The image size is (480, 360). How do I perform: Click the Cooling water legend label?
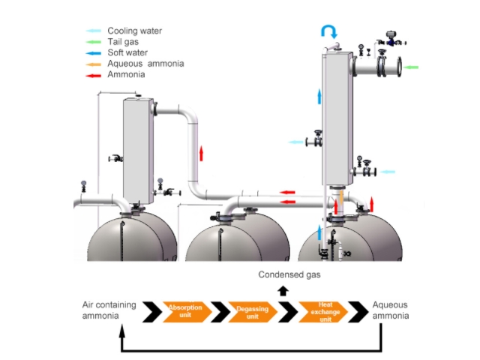(135, 31)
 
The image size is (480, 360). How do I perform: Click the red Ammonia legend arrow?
(94, 75)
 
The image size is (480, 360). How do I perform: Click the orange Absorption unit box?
(184, 311)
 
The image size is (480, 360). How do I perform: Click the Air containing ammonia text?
(109, 310)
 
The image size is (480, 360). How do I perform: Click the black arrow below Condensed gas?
(283, 291)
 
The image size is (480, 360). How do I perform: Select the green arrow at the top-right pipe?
(411, 67)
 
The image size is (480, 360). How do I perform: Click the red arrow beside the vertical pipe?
(201, 154)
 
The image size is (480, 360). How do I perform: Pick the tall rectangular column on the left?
(138, 150)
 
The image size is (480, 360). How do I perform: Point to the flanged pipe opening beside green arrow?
(391, 67)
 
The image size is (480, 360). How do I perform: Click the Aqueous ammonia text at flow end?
(391, 310)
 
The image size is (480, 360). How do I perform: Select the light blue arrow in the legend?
(94, 31)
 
